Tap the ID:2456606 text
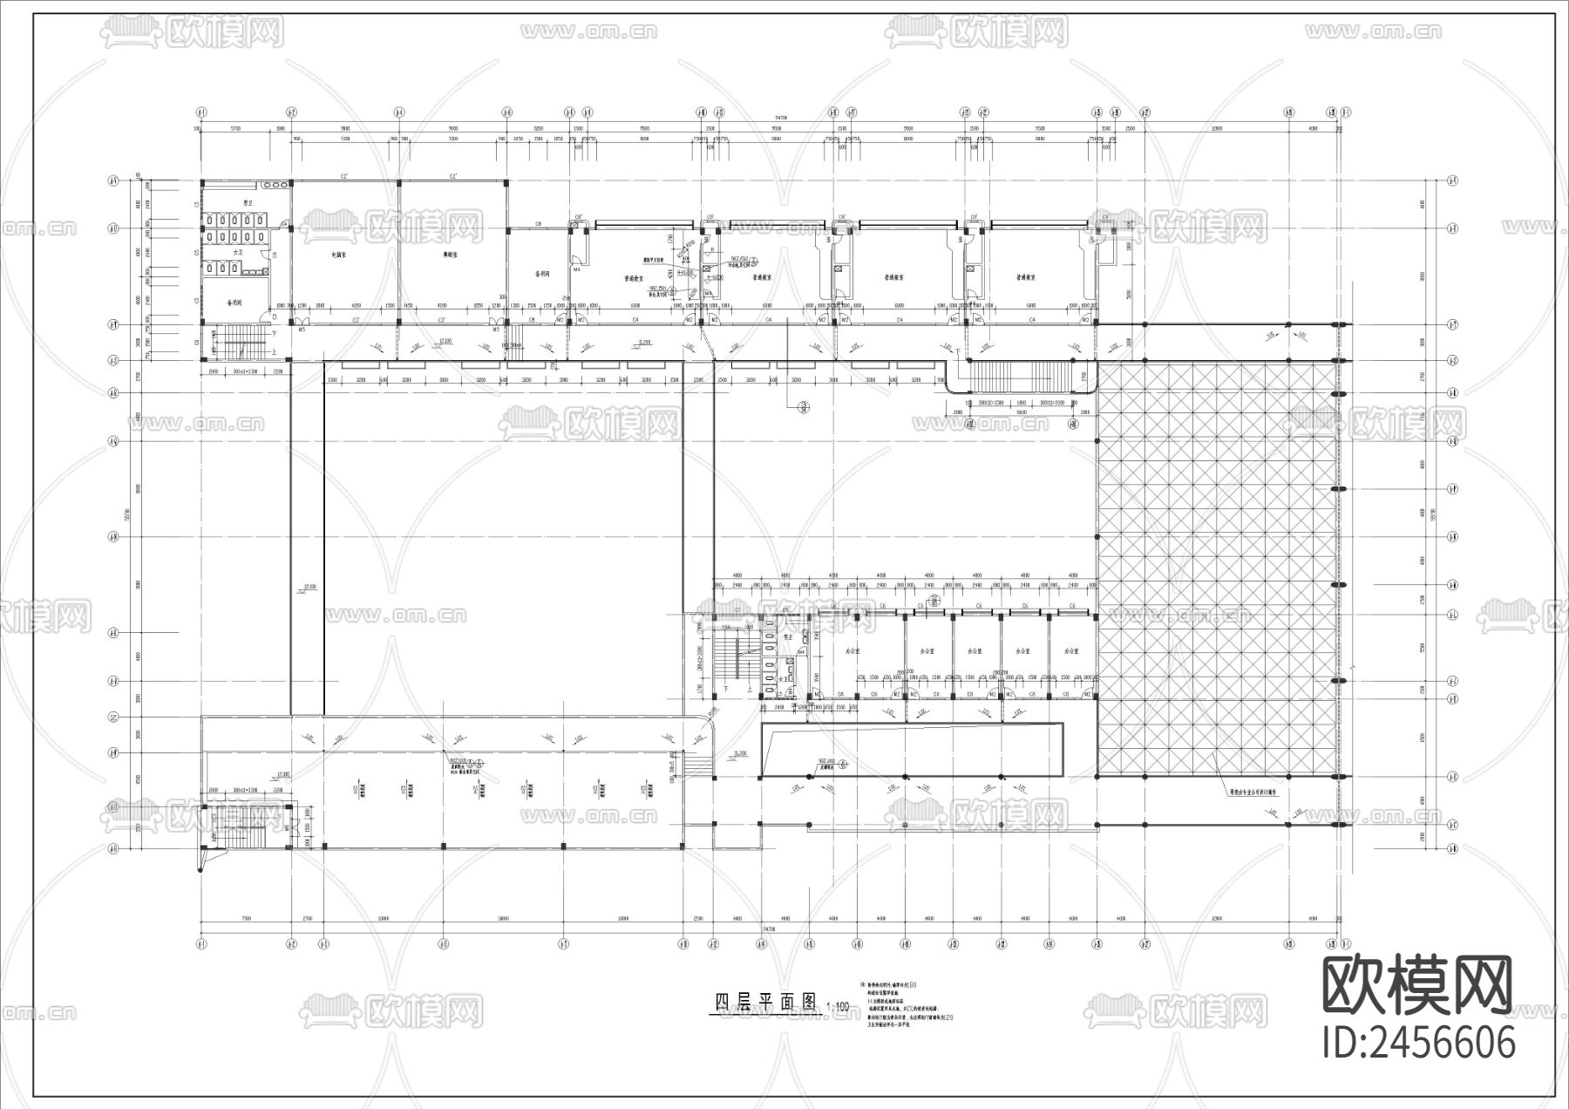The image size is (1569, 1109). pos(1418,1044)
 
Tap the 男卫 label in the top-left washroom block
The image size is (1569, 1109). pos(248,203)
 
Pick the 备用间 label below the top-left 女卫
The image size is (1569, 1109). pos(234,303)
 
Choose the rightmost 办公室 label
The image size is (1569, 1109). pos(1070,651)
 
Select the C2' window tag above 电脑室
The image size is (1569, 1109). pos(344,177)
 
